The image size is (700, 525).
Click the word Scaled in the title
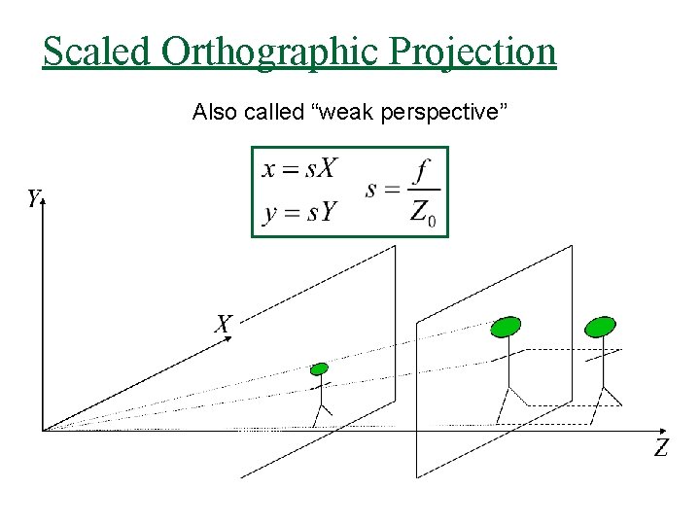(95, 51)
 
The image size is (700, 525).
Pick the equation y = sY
(299, 211)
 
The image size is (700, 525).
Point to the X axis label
(224, 324)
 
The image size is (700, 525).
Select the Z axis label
(661, 448)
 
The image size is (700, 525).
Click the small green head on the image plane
(319, 368)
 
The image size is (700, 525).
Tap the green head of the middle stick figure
(506, 327)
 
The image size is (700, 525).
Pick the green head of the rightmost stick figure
(601, 327)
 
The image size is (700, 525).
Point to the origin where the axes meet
(43, 429)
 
